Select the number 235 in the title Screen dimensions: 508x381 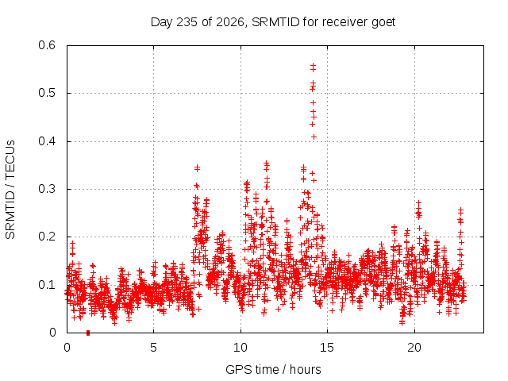click(187, 22)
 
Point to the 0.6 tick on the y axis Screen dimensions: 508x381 click(47, 45)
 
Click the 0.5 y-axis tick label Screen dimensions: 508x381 click(47, 93)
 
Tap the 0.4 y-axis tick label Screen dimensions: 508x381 click(47, 141)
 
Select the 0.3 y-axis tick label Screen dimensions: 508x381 click(47, 189)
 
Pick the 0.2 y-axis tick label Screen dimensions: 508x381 click(47, 237)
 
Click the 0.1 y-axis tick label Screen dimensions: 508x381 click(47, 285)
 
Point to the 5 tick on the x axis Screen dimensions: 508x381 click(153, 348)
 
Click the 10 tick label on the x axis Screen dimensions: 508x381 click(241, 348)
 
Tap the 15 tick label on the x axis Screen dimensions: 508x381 click(327, 348)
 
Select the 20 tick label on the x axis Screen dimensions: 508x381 click(414, 348)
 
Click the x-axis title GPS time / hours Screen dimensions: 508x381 click(273, 370)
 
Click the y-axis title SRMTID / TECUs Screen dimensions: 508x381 click(10, 190)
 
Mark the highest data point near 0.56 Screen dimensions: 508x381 click(313, 65)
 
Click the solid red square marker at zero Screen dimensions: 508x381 click(88, 333)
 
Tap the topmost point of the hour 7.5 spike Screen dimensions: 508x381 click(197, 167)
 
